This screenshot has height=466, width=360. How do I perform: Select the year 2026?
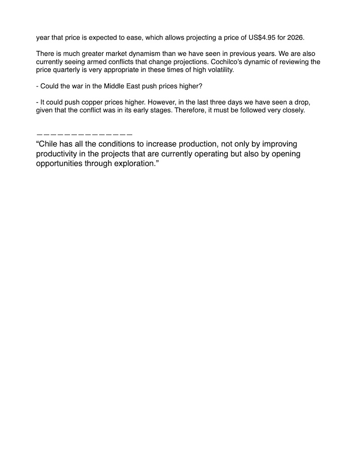[x=295, y=37]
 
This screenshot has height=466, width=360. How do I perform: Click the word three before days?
[x=217, y=102]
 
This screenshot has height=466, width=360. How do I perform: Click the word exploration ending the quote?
[x=134, y=163]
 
